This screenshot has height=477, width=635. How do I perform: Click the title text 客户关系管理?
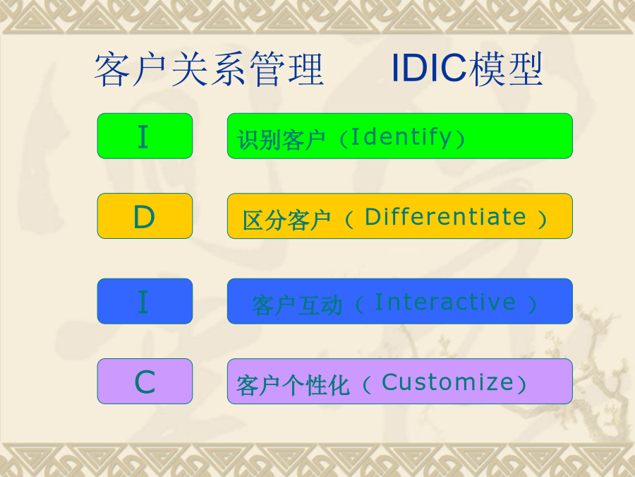click(x=209, y=69)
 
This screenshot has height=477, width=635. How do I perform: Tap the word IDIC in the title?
click(x=428, y=68)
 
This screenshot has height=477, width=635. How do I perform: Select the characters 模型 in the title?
click(x=504, y=69)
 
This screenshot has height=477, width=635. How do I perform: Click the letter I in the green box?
click(x=143, y=136)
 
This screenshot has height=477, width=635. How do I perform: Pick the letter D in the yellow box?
click(x=144, y=217)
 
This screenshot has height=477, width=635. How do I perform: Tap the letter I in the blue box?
click(x=143, y=302)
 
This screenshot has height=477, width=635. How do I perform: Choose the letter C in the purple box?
click(x=145, y=382)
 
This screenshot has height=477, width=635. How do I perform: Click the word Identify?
click(x=401, y=137)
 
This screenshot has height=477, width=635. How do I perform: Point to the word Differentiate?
click(x=445, y=217)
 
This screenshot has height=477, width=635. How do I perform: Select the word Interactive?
click(x=445, y=302)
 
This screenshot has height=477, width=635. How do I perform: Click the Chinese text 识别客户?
click(x=281, y=140)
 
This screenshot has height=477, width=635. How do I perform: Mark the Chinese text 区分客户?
click(x=286, y=220)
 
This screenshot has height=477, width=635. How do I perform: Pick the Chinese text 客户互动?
click(x=297, y=305)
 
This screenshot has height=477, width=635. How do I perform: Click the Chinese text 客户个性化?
click(x=293, y=385)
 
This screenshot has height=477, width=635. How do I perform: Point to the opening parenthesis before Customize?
click(x=367, y=385)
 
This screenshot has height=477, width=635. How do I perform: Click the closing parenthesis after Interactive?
click(x=532, y=305)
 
